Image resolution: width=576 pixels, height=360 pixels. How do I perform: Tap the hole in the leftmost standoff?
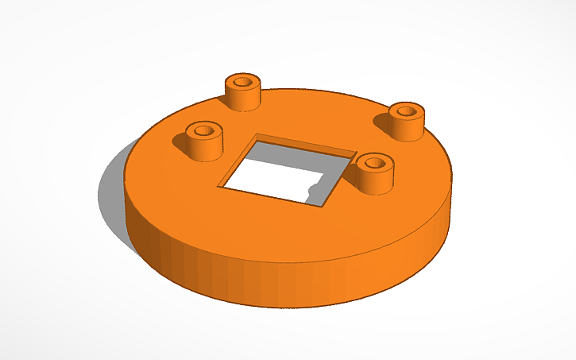pos(203,129)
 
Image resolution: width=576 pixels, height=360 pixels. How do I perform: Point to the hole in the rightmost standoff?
pos(406,110)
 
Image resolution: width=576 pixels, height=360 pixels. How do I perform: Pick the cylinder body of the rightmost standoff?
pos(406,126)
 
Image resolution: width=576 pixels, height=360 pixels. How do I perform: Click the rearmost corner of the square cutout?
pos(257,136)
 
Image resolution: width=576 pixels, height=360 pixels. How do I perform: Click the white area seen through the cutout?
pos(270,181)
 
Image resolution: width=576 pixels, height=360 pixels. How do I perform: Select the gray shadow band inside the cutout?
pos(302,159)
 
